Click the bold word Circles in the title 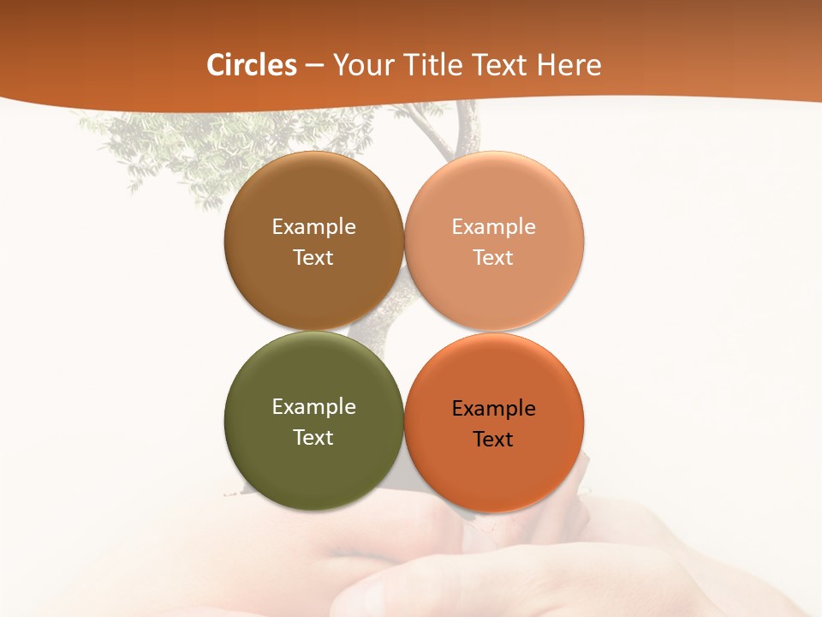click(252, 65)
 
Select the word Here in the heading click(569, 65)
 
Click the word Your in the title click(362, 65)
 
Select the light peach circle click(494, 291)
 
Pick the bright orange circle click(494, 471)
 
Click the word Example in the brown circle click(313, 227)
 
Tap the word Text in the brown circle click(313, 258)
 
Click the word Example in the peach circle click(493, 227)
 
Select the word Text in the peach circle click(493, 258)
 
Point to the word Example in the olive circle click(313, 407)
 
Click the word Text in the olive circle click(313, 438)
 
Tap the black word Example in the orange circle click(493, 409)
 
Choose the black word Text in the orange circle click(493, 440)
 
